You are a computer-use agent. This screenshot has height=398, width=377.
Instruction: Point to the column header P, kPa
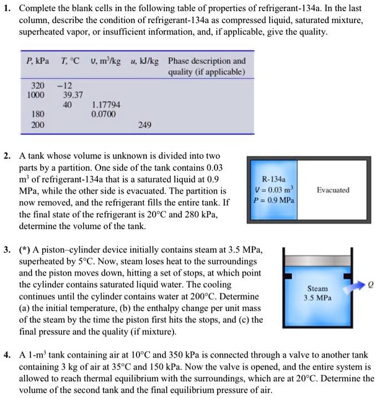click(38, 60)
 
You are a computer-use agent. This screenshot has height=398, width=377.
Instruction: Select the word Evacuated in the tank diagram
click(333, 190)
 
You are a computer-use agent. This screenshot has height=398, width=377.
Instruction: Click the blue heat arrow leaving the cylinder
click(356, 287)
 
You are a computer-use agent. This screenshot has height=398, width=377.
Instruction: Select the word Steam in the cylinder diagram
click(317, 289)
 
